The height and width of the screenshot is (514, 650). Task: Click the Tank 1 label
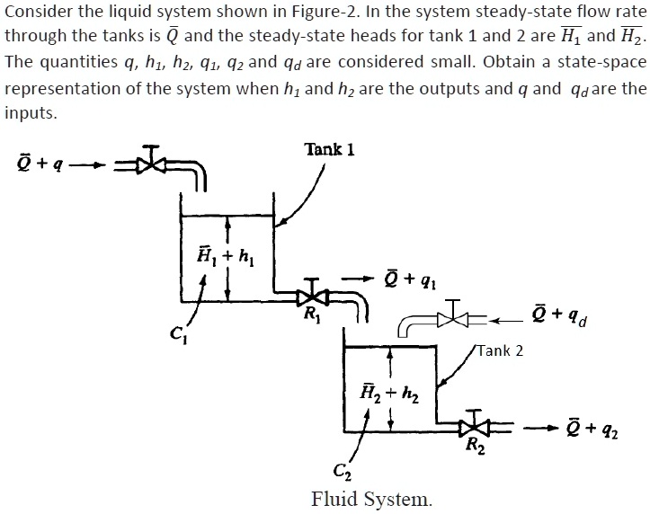[329, 149]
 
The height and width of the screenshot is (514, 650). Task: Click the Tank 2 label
[500, 350]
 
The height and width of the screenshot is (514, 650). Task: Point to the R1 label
[311, 315]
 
